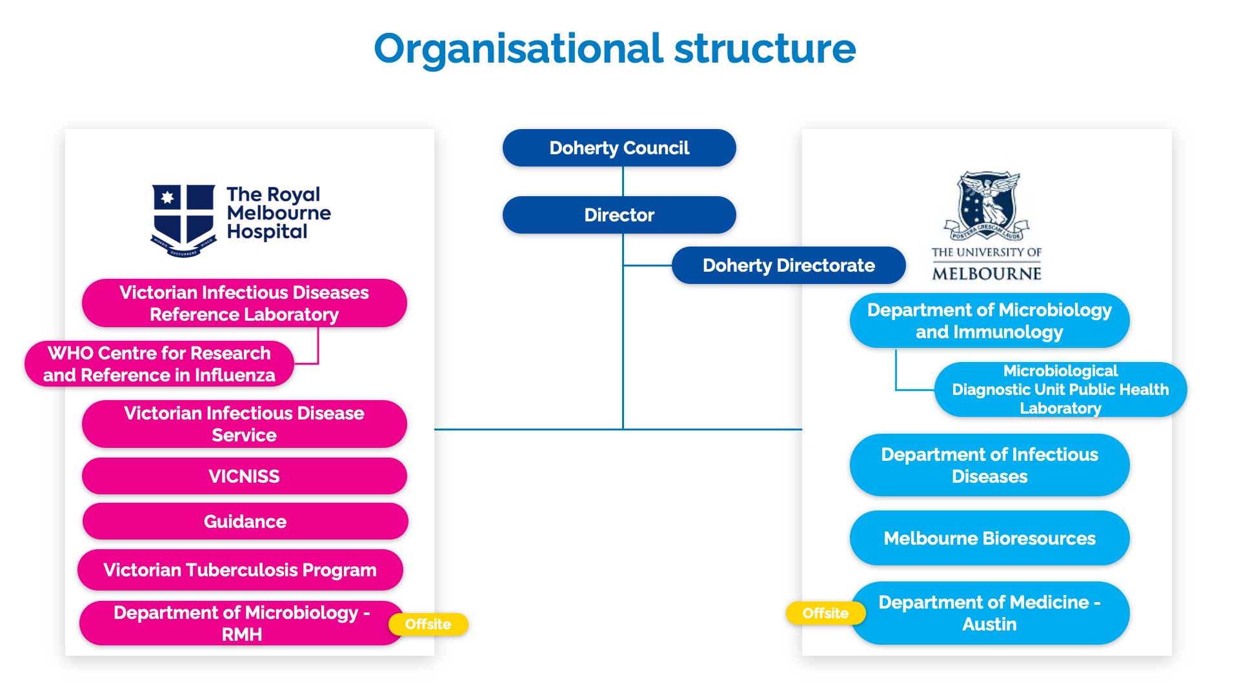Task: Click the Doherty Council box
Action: pos(619,148)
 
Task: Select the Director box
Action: pos(619,215)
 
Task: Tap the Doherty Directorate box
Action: pos(788,265)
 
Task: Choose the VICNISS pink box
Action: pos(244,476)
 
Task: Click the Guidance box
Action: pos(245,521)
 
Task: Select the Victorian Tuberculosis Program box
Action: pos(240,570)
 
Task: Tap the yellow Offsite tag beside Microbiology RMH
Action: pos(428,624)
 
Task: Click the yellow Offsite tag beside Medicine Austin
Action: pos(825,613)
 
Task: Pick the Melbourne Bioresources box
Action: pos(989,538)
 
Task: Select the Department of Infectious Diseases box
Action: pos(989,465)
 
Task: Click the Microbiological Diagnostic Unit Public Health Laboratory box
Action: pos(1060,389)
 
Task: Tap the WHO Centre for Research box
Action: pos(159,364)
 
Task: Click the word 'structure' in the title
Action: pos(765,49)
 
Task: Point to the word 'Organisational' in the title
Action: pos(518,49)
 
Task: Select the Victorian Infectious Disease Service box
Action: pos(244,424)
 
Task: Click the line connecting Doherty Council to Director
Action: pos(623,181)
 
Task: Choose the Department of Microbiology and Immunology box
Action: pos(989,321)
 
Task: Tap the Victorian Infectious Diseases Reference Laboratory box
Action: pos(244,303)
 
